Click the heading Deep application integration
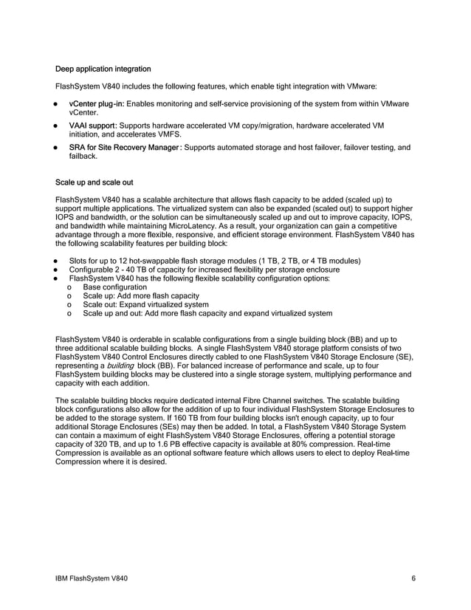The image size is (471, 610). (x=103, y=69)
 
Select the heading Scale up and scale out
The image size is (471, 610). (x=94, y=182)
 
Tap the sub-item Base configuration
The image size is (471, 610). (x=115, y=287)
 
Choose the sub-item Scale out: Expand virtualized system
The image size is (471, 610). (x=145, y=304)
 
